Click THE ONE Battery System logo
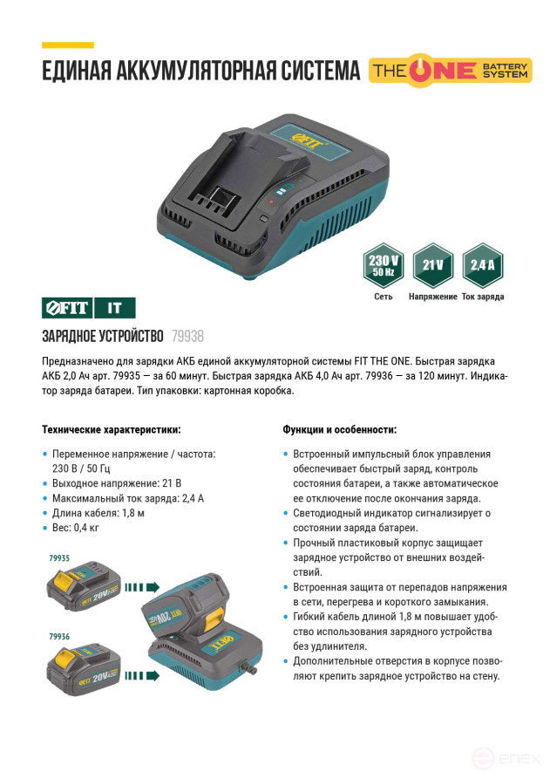click(x=450, y=70)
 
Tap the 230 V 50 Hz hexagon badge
click(x=384, y=265)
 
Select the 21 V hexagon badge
click(x=433, y=265)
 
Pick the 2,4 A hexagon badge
click(x=483, y=265)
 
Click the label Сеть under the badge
click(x=384, y=297)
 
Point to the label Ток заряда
click(x=483, y=297)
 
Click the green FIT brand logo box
click(x=67, y=308)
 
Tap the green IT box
click(x=115, y=308)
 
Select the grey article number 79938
click(x=187, y=337)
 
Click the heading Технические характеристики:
click(x=112, y=430)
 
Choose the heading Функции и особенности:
click(x=340, y=430)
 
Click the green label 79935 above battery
click(x=59, y=558)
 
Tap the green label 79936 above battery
click(x=59, y=637)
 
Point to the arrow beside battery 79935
click(x=142, y=588)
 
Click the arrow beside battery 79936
click(x=142, y=676)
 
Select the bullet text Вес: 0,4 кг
click(x=76, y=528)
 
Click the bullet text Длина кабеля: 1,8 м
click(x=98, y=513)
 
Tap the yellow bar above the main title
click(x=67, y=45)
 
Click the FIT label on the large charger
click(x=307, y=140)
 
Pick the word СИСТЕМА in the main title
click(x=321, y=71)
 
